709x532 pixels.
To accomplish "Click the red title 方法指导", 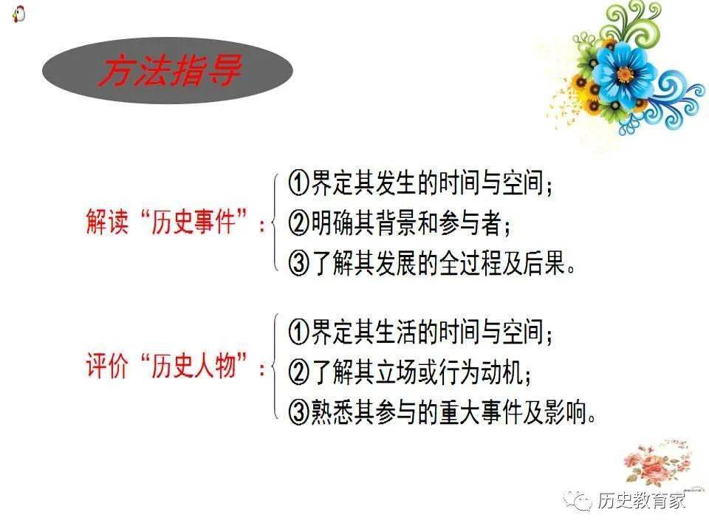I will coord(169,71).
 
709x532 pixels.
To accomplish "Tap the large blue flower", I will coord(625,72).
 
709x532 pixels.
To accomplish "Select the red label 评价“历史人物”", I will coord(174,367).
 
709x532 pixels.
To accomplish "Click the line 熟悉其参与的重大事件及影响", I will coord(442,412).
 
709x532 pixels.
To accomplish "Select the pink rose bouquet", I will coord(654,462).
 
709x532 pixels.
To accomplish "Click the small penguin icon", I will coord(18,13).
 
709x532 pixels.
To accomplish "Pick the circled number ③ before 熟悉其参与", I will coord(299,412).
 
